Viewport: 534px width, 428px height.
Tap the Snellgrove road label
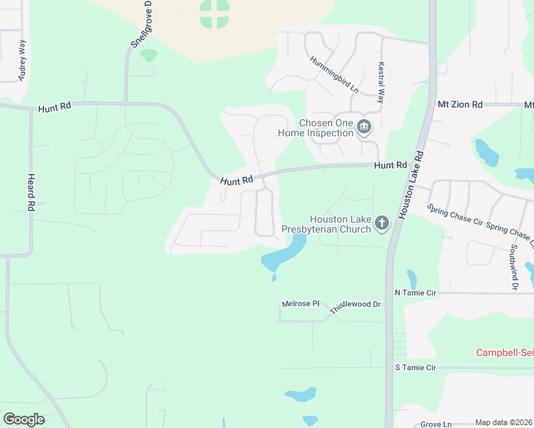point(140,26)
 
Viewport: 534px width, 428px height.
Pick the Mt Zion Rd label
point(460,104)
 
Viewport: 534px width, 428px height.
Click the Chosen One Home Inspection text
point(326,128)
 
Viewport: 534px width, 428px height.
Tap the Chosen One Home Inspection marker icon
point(364,128)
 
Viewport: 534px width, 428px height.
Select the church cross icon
point(382,224)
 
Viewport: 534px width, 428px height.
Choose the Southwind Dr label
point(513,267)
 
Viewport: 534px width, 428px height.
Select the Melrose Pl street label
point(301,304)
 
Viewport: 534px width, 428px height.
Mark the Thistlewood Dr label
point(356,307)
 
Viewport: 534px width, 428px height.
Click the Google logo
point(24,419)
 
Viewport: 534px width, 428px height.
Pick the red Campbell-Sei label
point(505,353)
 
